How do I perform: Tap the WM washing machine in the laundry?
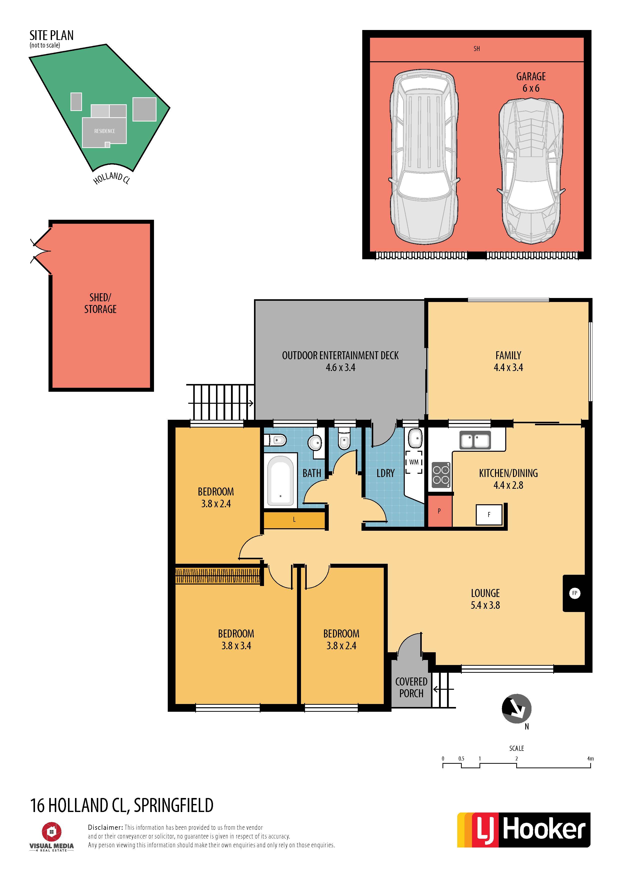[x=414, y=462]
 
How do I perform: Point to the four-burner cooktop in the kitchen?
[x=441, y=475]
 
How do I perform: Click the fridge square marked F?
[x=489, y=514]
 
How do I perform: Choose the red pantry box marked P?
[x=439, y=511]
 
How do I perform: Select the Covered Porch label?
[x=411, y=687]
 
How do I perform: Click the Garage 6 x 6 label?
[x=531, y=82]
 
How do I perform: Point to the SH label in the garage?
[x=476, y=49]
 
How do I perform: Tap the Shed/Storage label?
[x=100, y=303]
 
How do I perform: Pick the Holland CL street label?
[x=111, y=178]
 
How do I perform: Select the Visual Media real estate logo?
[x=51, y=836]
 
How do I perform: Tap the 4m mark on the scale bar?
[x=590, y=758]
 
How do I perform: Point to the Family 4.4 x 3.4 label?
[x=508, y=361]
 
